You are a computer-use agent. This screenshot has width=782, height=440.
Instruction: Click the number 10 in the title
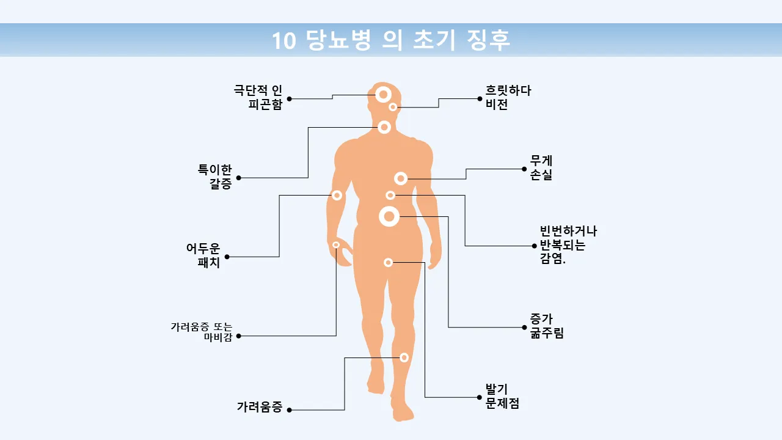pos(283,41)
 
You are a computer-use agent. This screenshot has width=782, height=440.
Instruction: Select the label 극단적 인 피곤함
pos(258,97)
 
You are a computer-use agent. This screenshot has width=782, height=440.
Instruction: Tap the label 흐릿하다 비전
pos(508,97)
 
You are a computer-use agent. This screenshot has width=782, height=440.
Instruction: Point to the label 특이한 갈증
pos(215,177)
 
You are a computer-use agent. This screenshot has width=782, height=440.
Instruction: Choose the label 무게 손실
pos(541,168)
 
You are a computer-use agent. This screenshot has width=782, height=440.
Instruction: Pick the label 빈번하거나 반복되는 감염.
pos(568,245)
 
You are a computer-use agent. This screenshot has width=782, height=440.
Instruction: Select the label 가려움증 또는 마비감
pos(202,332)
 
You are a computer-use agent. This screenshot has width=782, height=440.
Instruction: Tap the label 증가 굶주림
pos(547,326)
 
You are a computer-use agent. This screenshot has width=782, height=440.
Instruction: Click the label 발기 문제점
pos(502,397)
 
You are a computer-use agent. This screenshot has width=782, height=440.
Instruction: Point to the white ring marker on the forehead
pos(383,94)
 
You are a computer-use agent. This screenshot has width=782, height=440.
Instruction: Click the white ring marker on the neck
pos(384,127)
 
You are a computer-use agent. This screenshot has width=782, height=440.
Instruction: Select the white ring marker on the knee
pos(404,358)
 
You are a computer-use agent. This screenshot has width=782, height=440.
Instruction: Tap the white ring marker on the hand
pos(336,244)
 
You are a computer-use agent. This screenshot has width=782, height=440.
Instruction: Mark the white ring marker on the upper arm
pos(337,195)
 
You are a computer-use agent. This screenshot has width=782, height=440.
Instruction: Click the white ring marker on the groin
pos(388,263)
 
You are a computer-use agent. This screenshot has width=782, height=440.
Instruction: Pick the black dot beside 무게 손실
pos(524,169)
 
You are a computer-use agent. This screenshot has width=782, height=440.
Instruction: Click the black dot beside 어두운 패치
pos(227,257)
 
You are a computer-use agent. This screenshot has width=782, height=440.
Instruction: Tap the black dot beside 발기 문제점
pos(480,397)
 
